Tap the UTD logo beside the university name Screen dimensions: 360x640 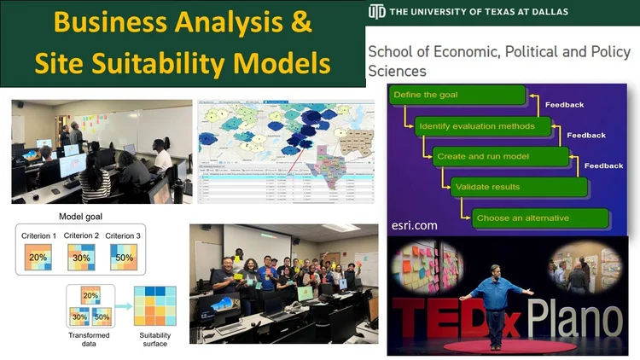point(376,11)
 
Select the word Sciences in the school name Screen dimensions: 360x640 point(397,70)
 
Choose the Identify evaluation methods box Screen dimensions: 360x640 point(478,126)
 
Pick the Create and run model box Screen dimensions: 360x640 point(499,156)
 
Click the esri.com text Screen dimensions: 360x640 point(414,226)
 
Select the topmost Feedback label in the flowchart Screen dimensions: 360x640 point(563,105)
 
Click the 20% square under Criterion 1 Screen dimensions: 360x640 point(38,257)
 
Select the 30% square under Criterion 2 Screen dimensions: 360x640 point(81,257)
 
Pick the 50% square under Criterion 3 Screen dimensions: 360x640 point(125,257)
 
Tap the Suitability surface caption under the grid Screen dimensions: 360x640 point(155,340)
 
